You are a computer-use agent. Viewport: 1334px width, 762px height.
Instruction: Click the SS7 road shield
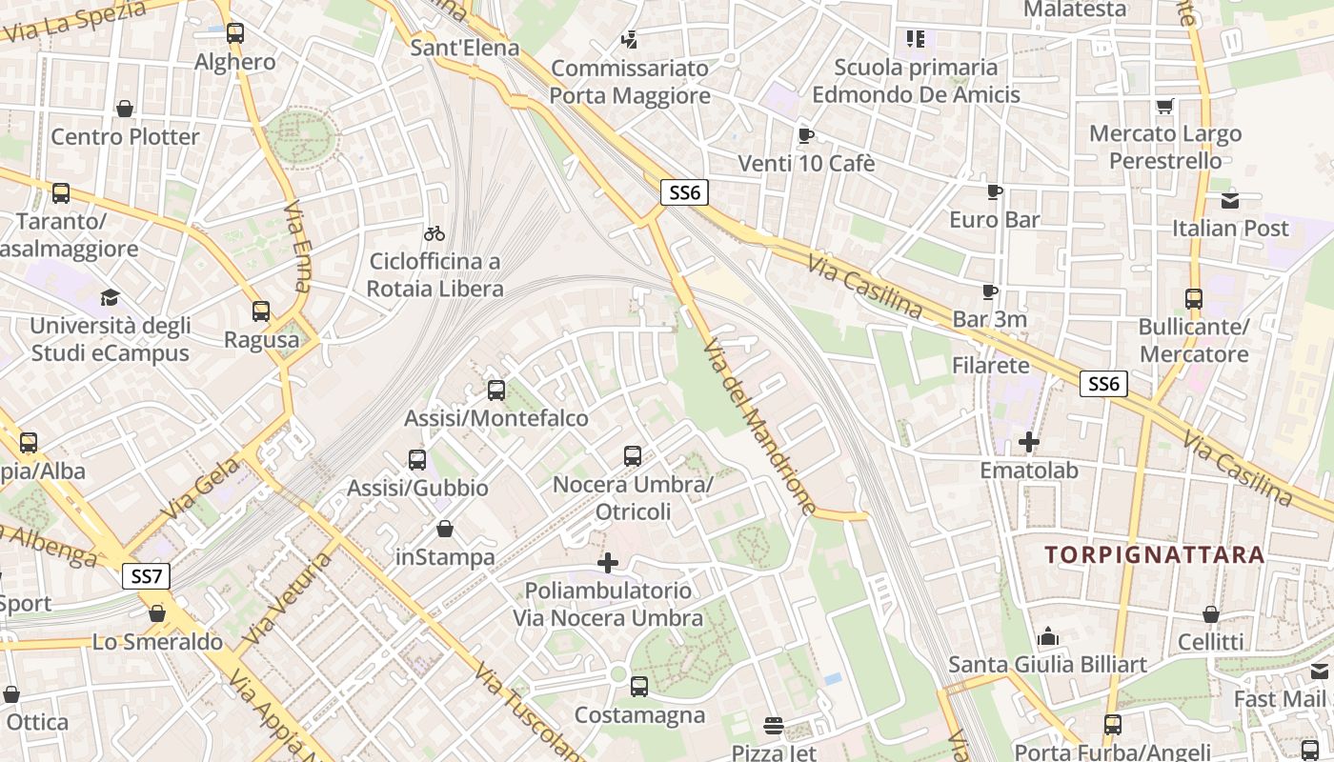point(147,575)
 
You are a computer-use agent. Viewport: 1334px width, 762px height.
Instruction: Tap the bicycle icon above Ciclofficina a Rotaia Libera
point(435,233)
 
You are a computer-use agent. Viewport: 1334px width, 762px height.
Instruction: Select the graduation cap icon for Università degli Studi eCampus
point(111,298)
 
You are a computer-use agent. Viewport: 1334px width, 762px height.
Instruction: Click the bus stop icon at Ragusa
point(260,311)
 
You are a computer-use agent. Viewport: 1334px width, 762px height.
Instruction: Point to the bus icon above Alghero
point(234,33)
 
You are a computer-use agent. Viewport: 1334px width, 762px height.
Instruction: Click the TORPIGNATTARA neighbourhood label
point(1154,554)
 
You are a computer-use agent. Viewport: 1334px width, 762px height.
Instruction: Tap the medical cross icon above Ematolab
point(1029,442)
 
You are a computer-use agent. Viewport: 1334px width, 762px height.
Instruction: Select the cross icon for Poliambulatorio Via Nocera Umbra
point(607,563)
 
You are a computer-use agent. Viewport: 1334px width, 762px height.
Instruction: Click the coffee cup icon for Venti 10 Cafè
point(806,135)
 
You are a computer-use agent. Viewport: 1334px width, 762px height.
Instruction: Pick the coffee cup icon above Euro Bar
point(995,191)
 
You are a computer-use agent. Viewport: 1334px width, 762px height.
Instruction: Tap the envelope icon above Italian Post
point(1230,200)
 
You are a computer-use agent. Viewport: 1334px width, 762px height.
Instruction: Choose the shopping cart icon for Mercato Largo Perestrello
point(1164,106)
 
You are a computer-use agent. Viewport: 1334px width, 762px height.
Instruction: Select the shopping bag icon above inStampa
point(445,529)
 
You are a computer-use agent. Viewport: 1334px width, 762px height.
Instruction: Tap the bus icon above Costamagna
point(639,686)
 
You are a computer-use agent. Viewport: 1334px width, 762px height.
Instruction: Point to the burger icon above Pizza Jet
point(774,727)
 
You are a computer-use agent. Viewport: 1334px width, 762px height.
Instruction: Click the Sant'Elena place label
point(465,48)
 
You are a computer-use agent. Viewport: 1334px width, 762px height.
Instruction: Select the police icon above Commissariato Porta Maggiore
point(629,40)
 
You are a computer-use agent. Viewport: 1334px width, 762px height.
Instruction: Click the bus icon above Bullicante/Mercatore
point(1194,299)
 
